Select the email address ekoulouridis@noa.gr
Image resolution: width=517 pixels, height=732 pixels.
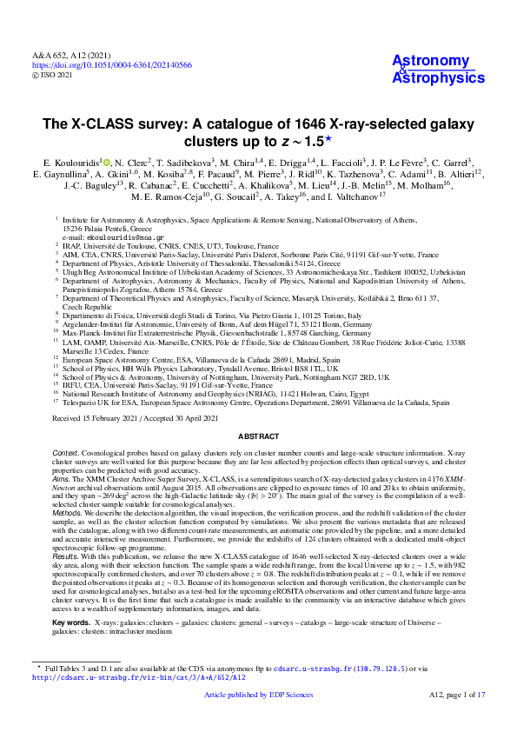(x=101, y=236)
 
